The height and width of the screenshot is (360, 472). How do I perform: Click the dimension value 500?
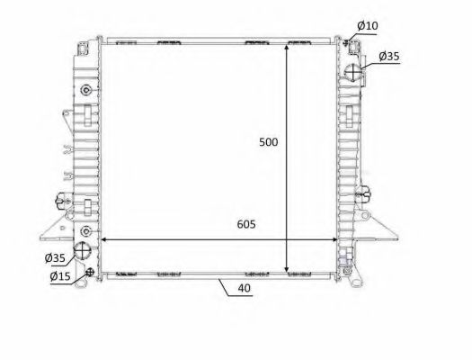point(268,142)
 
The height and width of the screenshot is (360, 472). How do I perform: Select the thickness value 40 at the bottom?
point(245,289)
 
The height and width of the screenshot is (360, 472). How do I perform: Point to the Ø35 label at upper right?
point(388,56)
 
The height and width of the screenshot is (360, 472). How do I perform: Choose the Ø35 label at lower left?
point(55,258)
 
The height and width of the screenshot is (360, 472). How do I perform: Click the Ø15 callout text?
point(59,275)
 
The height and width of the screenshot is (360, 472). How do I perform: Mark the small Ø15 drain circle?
point(88,272)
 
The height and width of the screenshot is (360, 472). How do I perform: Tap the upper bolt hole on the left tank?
point(85,90)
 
